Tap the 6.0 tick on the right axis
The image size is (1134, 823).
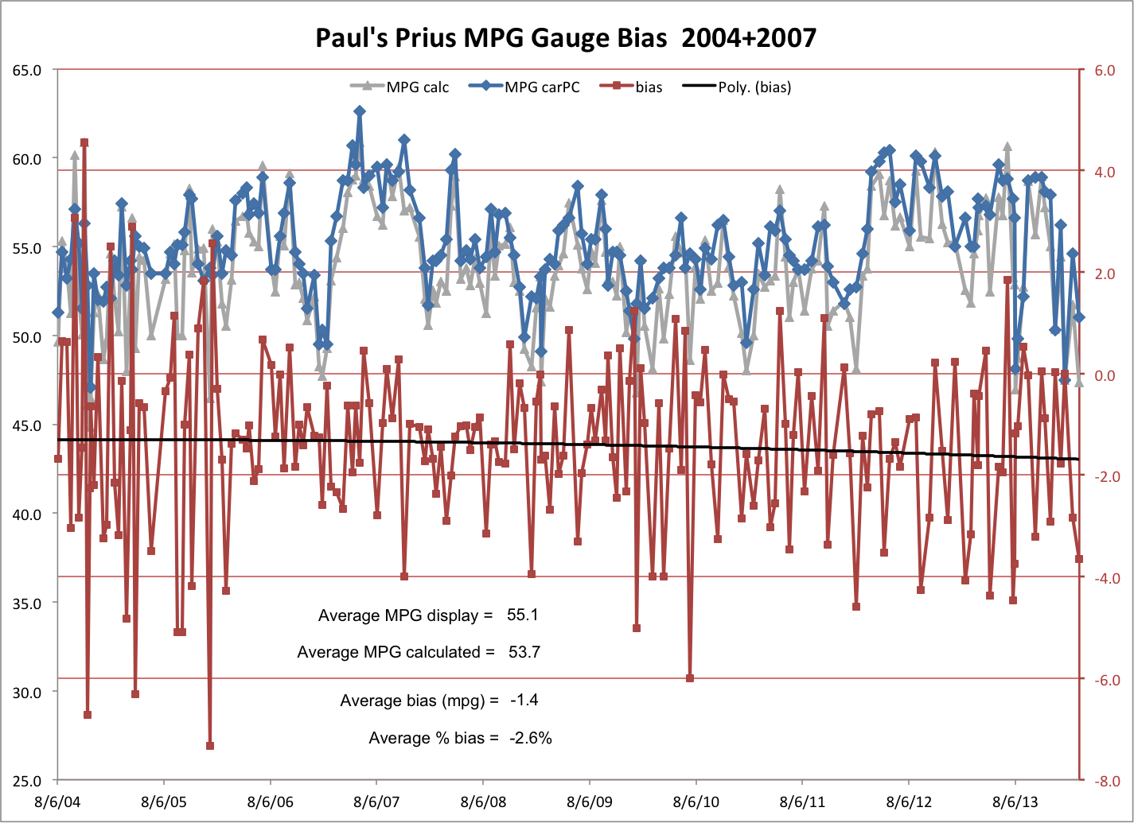pos(1105,70)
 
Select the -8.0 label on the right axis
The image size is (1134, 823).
pos(1105,782)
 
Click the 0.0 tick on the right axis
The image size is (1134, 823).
pos(1105,375)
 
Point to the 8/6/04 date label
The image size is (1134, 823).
pos(57,802)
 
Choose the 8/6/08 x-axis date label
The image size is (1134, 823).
pos(483,802)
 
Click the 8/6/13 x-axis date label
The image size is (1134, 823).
pos(1015,802)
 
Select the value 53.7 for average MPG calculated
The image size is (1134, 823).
pos(524,653)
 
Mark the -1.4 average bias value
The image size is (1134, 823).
pos(524,701)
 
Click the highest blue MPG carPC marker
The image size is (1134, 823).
pos(360,111)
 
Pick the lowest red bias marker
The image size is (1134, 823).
pos(210,746)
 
